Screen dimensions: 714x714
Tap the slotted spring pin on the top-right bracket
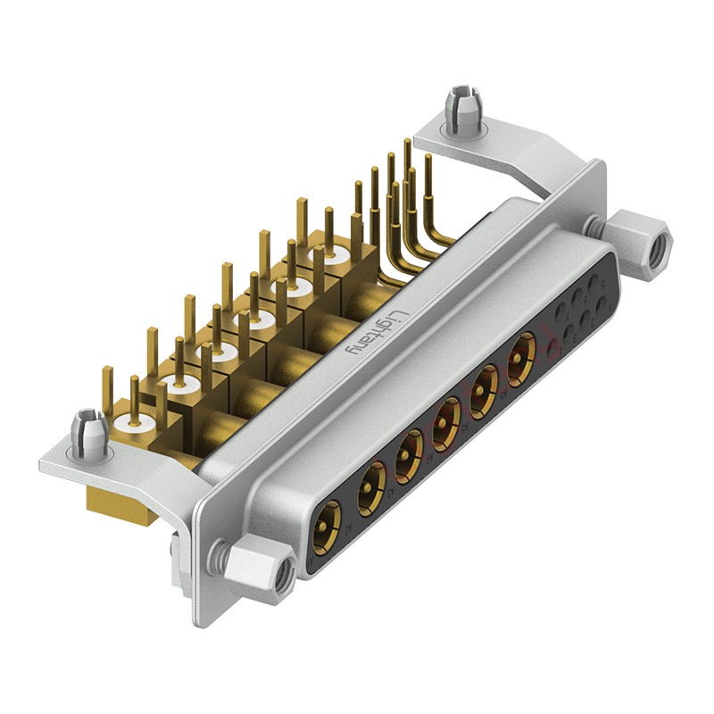(463, 107)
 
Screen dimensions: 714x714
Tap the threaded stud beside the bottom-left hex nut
(218, 559)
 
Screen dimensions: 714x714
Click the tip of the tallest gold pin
(408, 142)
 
